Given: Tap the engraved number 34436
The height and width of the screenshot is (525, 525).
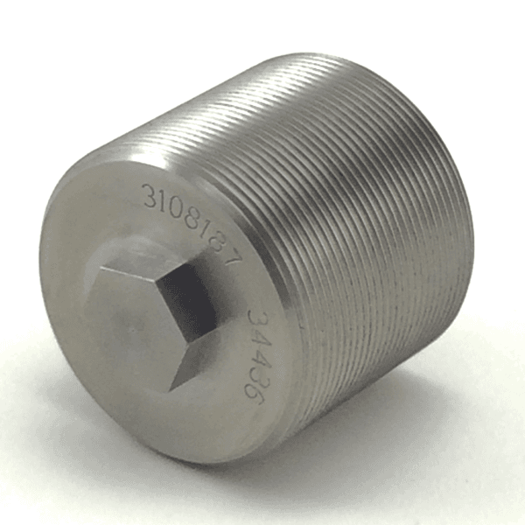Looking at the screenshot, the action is pyautogui.click(x=255, y=356).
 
